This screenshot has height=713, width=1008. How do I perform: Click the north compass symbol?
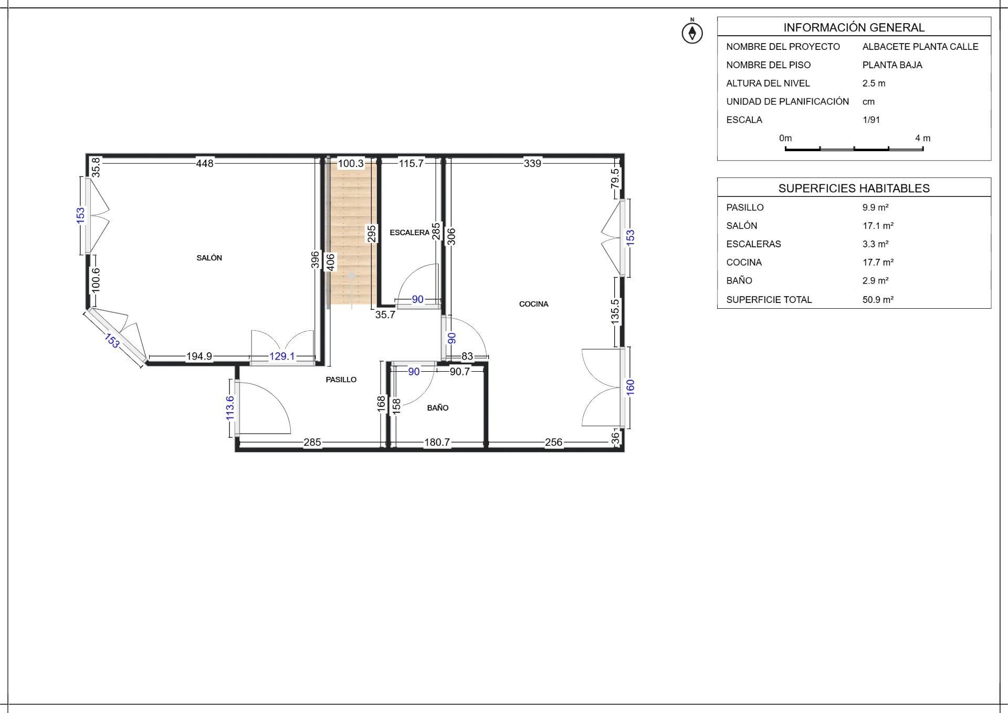pyautogui.click(x=692, y=32)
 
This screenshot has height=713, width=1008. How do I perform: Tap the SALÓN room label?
pyautogui.click(x=209, y=258)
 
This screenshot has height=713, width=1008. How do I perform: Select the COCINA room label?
pyautogui.click(x=533, y=304)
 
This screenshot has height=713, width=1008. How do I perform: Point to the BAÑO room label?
pyautogui.click(x=438, y=407)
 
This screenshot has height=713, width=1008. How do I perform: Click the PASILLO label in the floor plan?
pyautogui.click(x=341, y=380)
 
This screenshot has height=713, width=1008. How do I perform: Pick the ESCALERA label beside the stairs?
pyautogui.click(x=409, y=233)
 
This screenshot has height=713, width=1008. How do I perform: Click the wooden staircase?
pyautogui.click(x=351, y=234)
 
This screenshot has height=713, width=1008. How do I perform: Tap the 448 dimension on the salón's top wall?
pyautogui.click(x=205, y=163)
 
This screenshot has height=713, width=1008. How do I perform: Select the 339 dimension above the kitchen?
pyautogui.click(x=532, y=163)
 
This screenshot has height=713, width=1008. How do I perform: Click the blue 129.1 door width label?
pyautogui.click(x=282, y=356)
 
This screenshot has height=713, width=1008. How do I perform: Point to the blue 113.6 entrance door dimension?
pyautogui.click(x=230, y=408)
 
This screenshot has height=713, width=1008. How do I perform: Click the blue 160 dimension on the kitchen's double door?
pyautogui.click(x=631, y=387)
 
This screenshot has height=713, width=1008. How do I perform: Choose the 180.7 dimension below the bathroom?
pyautogui.click(x=437, y=443)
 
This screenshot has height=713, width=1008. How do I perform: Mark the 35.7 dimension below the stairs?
pyautogui.click(x=385, y=315)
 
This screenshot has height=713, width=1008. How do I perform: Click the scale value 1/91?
pyautogui.click(x=871, y=120)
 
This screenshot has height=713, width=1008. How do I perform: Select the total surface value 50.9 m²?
pyautogui.click(x=878, y=300)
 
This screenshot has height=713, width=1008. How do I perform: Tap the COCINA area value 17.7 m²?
pyautogui.click(x=878, y=263)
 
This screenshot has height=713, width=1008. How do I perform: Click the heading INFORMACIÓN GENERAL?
pyautogui.click(x=854, y=27)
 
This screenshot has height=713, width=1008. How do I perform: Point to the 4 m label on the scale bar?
pyautogui.click(x=923, y=138)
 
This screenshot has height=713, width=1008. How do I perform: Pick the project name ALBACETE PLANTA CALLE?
pyautogui.click(x=920, y=47)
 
